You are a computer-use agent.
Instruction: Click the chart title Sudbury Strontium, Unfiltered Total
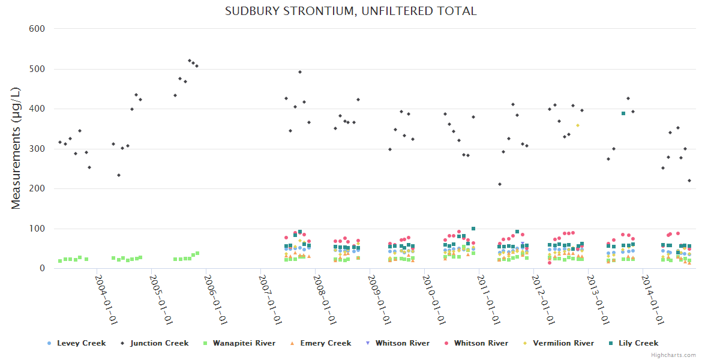tap(350, 11)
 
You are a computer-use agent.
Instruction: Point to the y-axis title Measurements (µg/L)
tap(16, 148)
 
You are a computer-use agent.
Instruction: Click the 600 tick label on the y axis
tap(39, 29)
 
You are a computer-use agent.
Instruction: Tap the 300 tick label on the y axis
tap(39, 149)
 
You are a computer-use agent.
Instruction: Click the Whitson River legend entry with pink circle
tap(481, 343)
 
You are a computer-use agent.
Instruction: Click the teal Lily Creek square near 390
tap(623, 113)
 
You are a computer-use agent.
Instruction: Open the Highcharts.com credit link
tap(673, 355)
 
